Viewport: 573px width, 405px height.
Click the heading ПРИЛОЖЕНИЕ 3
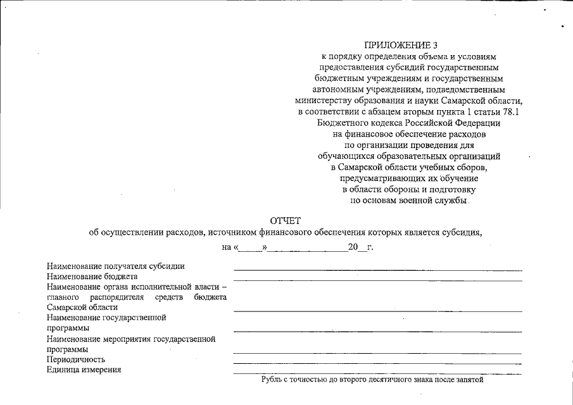pos(401,45)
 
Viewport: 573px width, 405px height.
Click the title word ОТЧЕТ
pos(286,220)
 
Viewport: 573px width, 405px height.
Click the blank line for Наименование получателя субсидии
pos(377,270)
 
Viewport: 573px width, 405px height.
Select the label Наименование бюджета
pos(92,277)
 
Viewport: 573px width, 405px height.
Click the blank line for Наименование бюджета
pos(377,280)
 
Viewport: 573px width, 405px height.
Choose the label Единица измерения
pos(84,370)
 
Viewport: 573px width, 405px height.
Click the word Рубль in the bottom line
pos(273,380)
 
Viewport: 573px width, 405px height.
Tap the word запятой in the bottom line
pos(468,380)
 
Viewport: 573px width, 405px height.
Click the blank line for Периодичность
pos(377,363)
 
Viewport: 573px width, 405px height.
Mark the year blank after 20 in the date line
pos(363,248)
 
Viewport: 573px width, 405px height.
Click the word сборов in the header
pos(470,167)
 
